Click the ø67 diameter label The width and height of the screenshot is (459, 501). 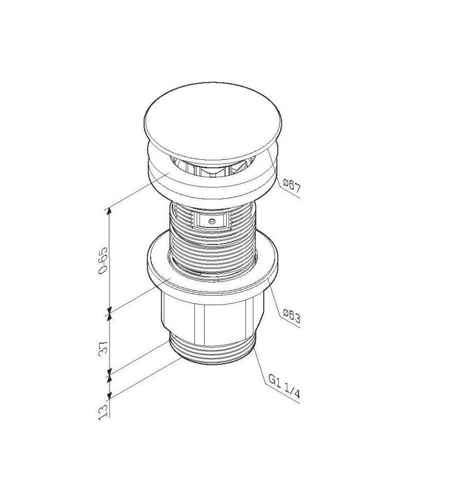click(x=292, y=186)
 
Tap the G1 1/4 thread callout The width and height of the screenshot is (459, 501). click(x=284, y=386)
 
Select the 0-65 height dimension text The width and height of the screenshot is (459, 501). click(x=103, y=260)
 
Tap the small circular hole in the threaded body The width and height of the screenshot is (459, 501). click(x=211, y=221)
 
